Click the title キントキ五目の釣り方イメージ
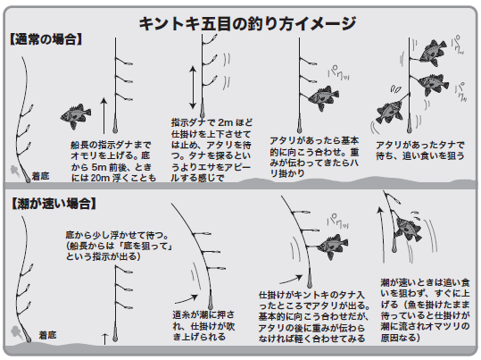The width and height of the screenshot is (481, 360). (247, 23)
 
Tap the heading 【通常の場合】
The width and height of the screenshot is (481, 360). (46, 39)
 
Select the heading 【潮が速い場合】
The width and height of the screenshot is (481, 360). (54, 204)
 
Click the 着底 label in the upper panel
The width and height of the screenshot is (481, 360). (40, 176)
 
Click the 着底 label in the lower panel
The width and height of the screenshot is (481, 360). (47, 335)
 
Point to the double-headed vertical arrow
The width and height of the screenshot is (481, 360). (193, 88)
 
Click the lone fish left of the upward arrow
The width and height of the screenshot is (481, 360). (76, 116)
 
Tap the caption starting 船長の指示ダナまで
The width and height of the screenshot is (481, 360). (113, 162)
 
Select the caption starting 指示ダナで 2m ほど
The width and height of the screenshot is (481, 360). (211, 150)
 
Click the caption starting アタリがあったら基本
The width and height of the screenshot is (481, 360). (314, 156)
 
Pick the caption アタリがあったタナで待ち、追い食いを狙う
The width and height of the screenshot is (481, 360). (420, 150)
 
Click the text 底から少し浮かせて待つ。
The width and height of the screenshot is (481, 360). (117, 235)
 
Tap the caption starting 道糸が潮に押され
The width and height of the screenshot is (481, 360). (203, 325)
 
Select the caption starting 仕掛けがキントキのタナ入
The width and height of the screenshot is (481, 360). (314, 317)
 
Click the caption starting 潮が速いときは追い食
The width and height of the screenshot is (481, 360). (425, 310)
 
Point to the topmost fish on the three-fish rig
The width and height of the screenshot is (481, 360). (434, 53)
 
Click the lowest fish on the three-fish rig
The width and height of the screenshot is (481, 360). (390, 111)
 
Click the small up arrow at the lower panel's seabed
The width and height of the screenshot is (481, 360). (105, 339)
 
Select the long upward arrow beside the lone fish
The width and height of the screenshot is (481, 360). (104, 115)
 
